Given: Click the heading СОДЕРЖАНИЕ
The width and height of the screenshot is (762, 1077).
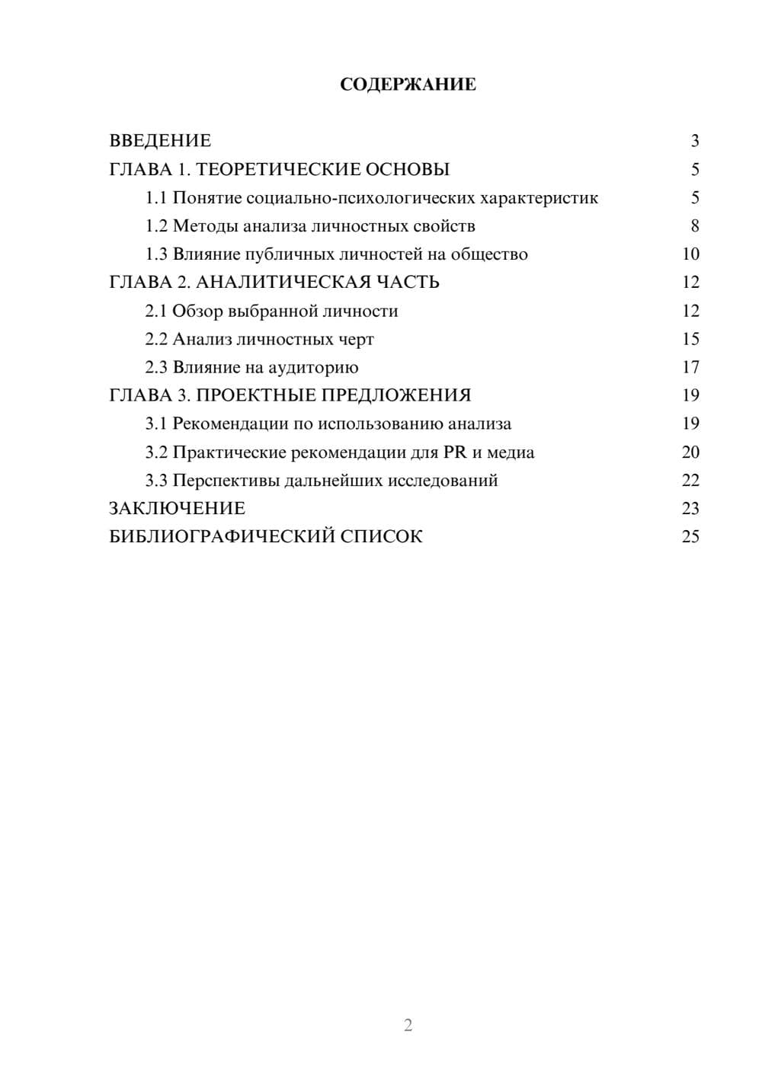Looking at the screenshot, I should [408, 85].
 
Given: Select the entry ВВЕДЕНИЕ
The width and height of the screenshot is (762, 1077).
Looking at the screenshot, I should [160, 141].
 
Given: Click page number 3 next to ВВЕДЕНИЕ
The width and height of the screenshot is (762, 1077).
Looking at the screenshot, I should [694, 141].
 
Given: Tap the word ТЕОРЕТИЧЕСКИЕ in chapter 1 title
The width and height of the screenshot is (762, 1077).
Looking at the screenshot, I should [274, 169].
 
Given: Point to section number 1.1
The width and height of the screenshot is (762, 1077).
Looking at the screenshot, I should [156, 198].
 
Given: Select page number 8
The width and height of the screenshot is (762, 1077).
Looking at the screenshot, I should [694, 226].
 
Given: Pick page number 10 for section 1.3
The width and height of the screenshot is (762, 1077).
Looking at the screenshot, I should [690, 254].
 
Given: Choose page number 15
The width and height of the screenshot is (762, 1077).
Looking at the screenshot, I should [690, 339].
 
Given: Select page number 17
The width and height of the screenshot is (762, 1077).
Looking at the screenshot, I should [690, 367].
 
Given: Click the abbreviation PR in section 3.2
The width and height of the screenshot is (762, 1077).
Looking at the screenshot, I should [454, 452].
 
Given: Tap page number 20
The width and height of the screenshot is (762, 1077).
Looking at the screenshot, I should [690, 452].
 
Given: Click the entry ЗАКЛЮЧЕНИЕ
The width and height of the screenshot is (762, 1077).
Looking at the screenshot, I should [177, 509].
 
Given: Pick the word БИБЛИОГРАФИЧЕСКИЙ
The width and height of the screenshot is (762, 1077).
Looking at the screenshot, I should [222, 537].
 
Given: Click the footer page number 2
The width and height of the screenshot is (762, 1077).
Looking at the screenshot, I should [408, 1025].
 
